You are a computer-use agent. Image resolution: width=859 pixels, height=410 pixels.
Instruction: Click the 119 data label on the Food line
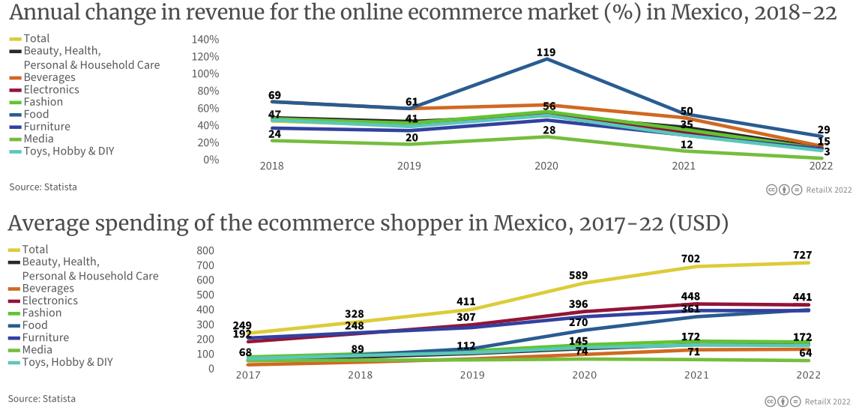(546, 52)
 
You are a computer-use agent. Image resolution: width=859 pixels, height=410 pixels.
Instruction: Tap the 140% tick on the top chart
(206, 39)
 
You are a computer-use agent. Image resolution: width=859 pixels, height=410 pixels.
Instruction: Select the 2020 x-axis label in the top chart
(546, 166)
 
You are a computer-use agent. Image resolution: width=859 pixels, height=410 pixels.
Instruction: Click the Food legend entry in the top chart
(35, 114)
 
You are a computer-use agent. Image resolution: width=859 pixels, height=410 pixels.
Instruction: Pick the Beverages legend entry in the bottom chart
(49, 288)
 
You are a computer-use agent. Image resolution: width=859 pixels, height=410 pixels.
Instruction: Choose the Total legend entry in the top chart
(37, 38)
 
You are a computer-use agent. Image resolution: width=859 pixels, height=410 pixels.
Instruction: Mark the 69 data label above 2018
(274, 95)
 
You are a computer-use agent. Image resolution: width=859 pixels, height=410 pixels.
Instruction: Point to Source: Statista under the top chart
(43, 187)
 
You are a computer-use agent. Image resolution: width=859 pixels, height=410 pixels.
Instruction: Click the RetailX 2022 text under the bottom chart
(828, 402)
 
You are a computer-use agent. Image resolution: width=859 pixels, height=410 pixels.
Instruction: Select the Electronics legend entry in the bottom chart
(50, 301)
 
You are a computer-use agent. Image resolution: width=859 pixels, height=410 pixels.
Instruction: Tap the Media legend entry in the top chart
(38, 139)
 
